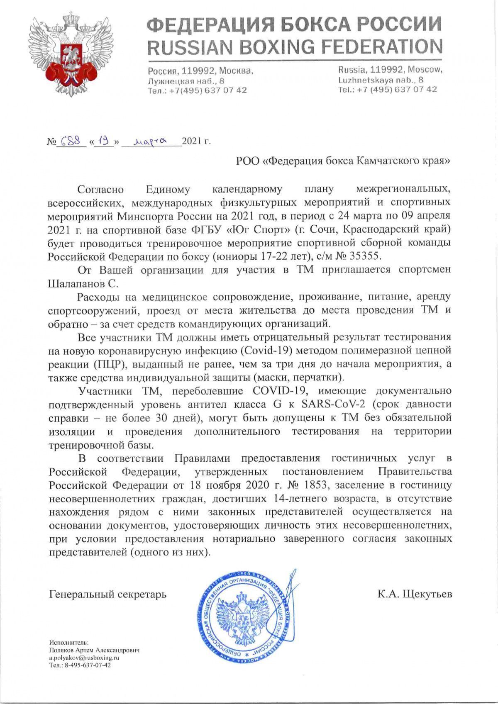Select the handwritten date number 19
(x=103, y=141)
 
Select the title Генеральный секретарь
(x=107, y=594)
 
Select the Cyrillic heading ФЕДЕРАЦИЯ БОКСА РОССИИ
(x=295, y=24)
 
